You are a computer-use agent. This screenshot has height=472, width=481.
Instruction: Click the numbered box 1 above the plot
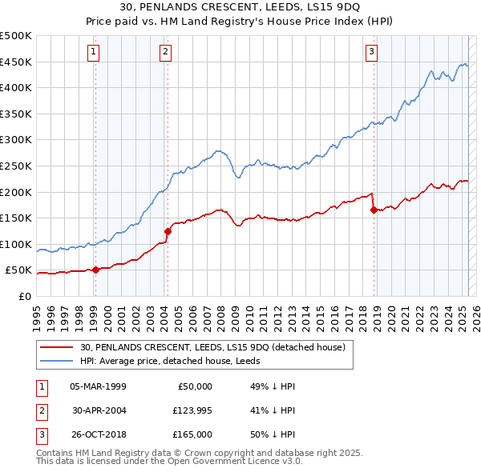(x=95, y=53)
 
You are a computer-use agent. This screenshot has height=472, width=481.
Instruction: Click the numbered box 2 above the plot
(x=165, y=53)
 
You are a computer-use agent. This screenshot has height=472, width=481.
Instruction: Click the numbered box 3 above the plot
(x=372, y=53)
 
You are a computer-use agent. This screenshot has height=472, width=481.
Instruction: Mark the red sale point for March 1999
(x=95, y=270)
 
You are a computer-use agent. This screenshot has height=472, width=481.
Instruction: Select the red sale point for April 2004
(x=168, y=231)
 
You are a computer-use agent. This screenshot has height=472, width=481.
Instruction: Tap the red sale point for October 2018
(x=374, y=210)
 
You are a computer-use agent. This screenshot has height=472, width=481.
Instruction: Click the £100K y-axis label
(x=16, y=244)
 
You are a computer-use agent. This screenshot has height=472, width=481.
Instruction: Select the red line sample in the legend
(x=58, y=347)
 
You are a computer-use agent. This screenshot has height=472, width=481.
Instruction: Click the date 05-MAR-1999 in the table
(x=98, y=386)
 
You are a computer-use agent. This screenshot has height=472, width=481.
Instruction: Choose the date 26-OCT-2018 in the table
(x=98, y=434)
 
